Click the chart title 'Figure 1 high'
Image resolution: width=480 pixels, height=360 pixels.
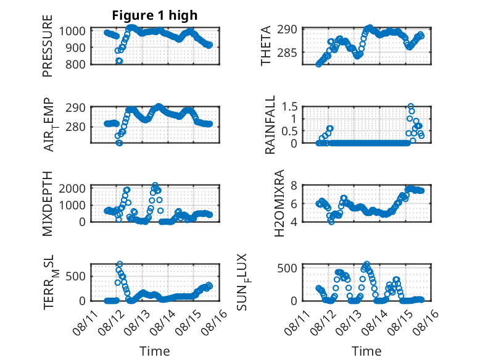click(155, 15)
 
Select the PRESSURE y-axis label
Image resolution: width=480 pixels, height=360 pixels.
click(48, 46)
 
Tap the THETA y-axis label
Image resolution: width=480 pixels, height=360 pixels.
click(266, 46)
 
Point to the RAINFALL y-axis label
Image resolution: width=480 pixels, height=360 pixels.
click(270, 125)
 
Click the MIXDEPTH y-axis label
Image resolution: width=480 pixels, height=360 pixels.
click(48, 204)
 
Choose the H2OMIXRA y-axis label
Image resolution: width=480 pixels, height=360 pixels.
click(279, 203)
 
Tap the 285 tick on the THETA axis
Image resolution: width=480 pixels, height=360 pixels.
click(288, 53)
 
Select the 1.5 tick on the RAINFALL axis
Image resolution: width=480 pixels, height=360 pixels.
click(289, 107)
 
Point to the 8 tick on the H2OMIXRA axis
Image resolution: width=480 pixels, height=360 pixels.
click(294, 185)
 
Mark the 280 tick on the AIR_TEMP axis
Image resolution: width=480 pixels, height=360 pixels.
click(76, 127)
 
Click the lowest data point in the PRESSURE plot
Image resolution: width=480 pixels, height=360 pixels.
click(120, 61)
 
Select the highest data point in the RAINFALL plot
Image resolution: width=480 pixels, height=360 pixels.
click(411, 106)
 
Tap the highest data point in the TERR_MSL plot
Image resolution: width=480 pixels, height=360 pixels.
click(120, 264)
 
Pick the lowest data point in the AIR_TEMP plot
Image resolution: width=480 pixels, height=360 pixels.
click(120, 143)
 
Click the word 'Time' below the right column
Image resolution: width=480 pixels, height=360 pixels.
click(366, 351)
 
